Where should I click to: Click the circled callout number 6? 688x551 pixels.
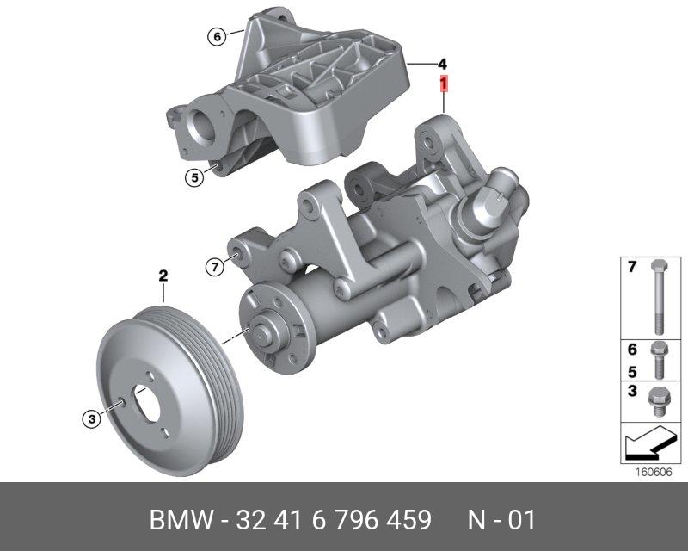pos(218,36)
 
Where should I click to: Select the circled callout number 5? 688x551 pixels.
pos(194,177)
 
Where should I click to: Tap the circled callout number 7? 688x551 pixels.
pos(215,267)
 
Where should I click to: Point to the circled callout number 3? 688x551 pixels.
pos(92,418)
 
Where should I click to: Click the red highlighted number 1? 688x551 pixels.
pos(444,84)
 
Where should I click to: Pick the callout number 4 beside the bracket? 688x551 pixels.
pos(442,65)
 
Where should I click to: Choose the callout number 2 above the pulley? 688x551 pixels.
pos(163,276)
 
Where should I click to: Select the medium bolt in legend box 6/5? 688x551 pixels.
pos(659,360)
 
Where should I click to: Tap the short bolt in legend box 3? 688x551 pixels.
pos(657,401)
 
